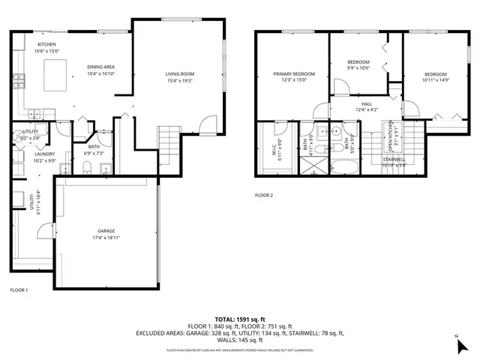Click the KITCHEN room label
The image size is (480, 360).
point(37,44)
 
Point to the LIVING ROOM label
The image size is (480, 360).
point(180,73)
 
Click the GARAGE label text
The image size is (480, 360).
point(106,231)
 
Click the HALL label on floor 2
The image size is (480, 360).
point(367,104)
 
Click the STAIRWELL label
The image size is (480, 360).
point(394,159)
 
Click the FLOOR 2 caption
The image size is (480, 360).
point(264,195)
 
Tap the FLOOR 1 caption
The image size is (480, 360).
point(18,289)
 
